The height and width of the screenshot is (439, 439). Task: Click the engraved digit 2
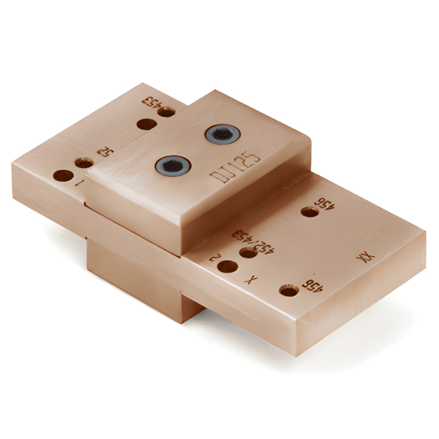click(x=215, y=259)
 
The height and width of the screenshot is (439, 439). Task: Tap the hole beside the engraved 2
click(x=228, y=266)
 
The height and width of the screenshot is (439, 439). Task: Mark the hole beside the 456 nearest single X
click(x=288, y=290)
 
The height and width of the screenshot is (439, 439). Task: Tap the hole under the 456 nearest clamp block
click(x=310, y=212)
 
